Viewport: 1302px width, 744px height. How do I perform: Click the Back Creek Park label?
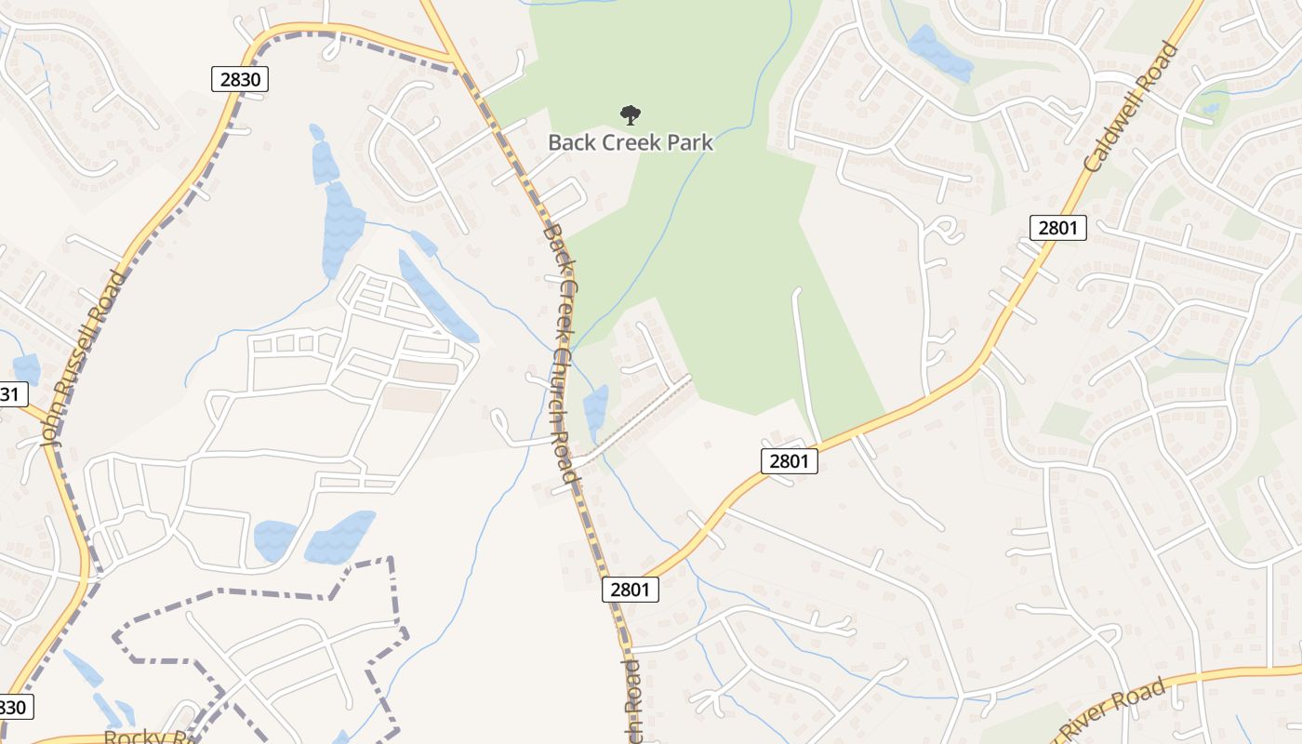[x=631, y=142]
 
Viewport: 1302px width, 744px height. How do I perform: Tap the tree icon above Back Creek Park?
[x=631, y=115]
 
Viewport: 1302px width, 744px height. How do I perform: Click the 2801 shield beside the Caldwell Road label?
[x=1058, y=227]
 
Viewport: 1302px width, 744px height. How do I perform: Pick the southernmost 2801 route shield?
[x=631, y=589]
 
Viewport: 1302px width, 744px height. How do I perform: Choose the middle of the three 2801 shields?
[x=789, y=460]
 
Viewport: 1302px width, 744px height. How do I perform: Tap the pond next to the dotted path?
[x=595, y=409]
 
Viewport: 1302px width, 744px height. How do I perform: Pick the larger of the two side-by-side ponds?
[x=339, y=538]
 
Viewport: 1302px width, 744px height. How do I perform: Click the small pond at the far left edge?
[x=26, y=369]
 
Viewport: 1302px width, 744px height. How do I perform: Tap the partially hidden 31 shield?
[x=9, y=393]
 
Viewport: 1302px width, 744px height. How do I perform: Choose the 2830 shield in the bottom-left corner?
[x=15, y=707]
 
